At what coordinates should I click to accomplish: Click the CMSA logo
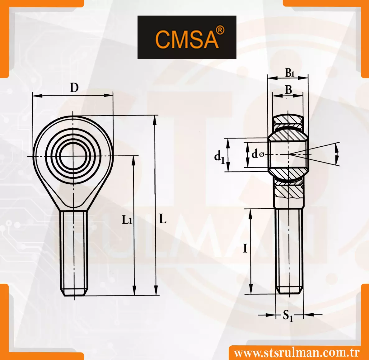click(x=187, y=37)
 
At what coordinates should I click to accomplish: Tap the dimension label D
click(x=74, y=88)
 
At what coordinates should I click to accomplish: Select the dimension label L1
click(x=127, y=220)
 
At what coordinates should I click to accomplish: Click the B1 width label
click(x=290, y=73)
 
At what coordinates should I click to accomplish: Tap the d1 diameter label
click(x=219, y=157)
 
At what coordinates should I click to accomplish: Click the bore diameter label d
click(x=255, y=154)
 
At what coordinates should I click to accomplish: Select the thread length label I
click(x=245, y=248)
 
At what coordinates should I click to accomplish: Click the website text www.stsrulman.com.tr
click(x=297, y=353)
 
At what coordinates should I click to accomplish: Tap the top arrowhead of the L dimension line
click(x=155, y=120)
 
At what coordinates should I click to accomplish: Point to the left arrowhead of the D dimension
click(x=37, y=96)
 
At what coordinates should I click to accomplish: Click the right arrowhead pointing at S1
click(x=308, y=315)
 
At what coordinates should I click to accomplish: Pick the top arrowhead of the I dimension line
click(x=250, y=213)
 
